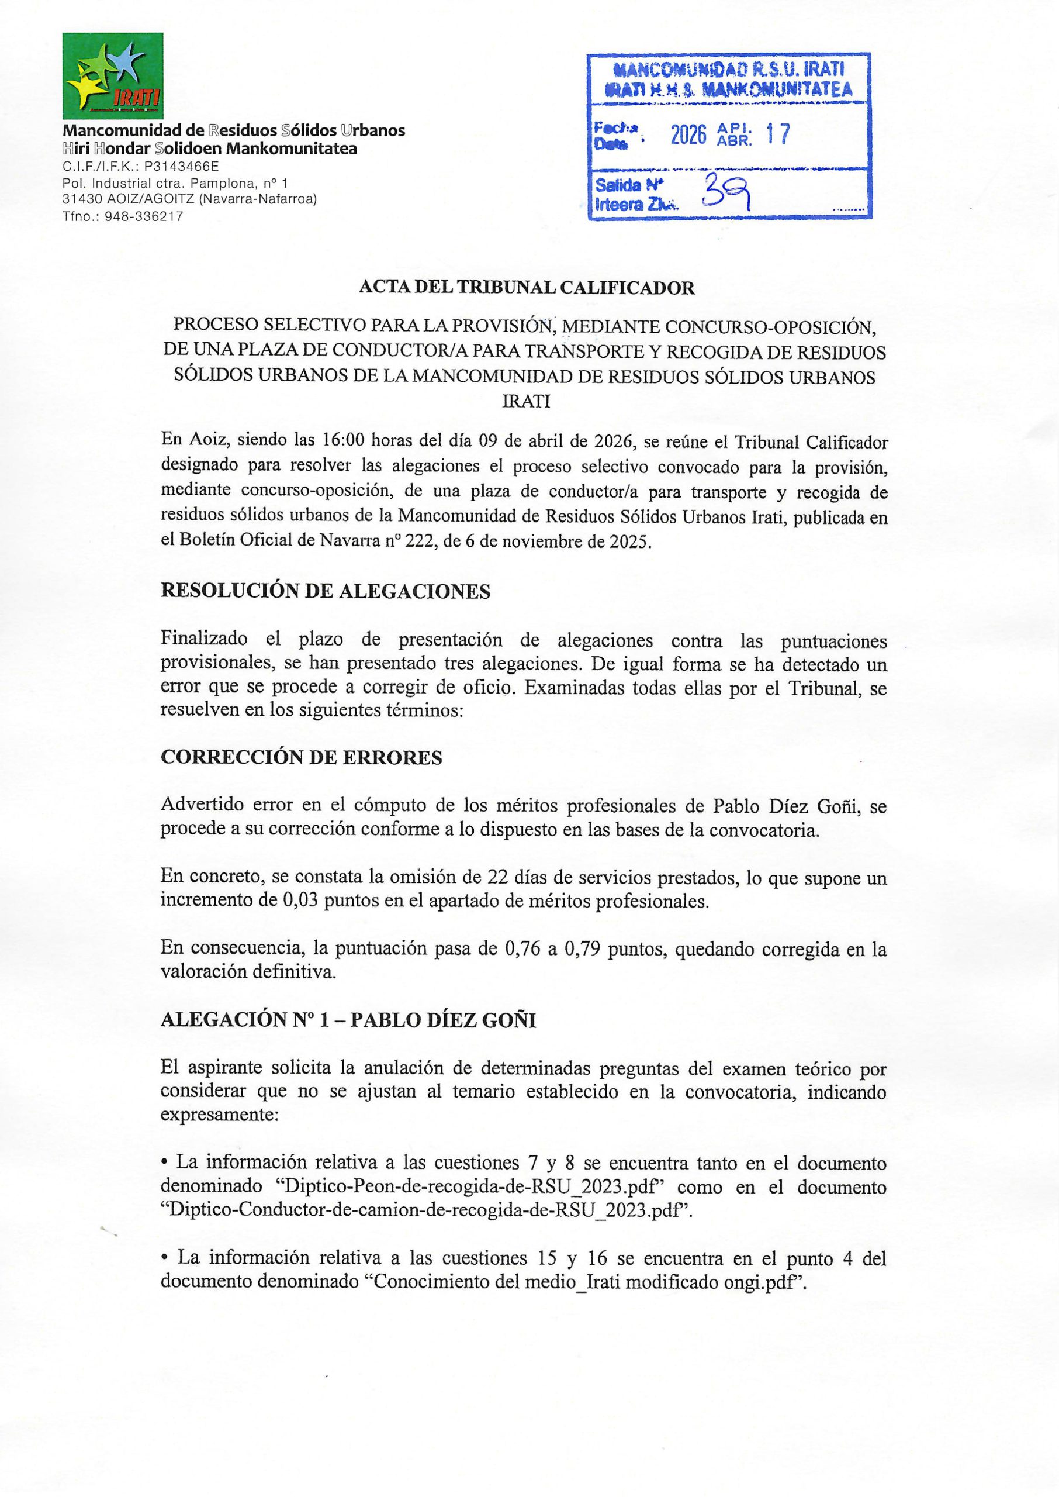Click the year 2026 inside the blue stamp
click(688, 135)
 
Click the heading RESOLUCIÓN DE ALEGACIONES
click(326, 591)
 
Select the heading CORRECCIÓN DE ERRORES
click(301, 757)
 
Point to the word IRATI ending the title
click(525, 402)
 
